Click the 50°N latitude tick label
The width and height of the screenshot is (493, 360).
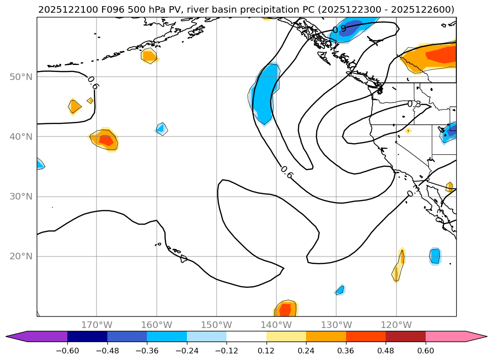point(21,77)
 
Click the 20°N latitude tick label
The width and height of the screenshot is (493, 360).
point(21,256)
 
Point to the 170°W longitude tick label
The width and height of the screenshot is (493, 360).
point(97,325)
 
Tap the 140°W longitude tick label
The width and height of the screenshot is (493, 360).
point(276,325)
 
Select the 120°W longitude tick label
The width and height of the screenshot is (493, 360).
point(396,325)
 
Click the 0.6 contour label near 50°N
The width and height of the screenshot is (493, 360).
point(93,82)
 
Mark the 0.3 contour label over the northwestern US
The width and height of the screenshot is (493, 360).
point(413,104)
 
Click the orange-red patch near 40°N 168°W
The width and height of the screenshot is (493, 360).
point(106,140)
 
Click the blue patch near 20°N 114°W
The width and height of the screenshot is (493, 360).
point(435,256)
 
